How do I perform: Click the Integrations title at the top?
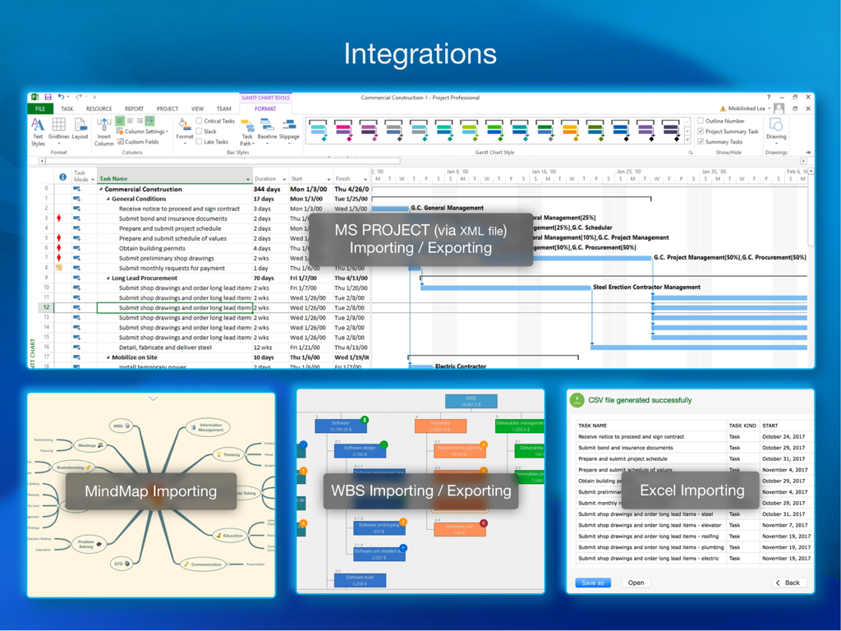point(420,54)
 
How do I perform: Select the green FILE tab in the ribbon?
point(39,108)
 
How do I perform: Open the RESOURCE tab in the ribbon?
point(99,108)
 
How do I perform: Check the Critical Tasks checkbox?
point(200,121)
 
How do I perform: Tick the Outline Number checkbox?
point(701,121)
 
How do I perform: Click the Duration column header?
point(265,178)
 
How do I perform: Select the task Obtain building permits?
point(152,248)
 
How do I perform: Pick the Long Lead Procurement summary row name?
point(145,278)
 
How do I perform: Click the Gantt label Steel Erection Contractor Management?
point(646,288)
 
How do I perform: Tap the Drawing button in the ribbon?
point(775,129)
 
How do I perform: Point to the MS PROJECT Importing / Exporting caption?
point(420,239)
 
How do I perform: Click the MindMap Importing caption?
point(151,491)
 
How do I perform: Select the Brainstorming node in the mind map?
point(71,467)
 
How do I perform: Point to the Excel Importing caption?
point(692,491)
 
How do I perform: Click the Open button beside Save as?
point(636,583)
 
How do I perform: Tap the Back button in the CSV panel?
point(788,583)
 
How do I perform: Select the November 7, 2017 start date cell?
point(784,525)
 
